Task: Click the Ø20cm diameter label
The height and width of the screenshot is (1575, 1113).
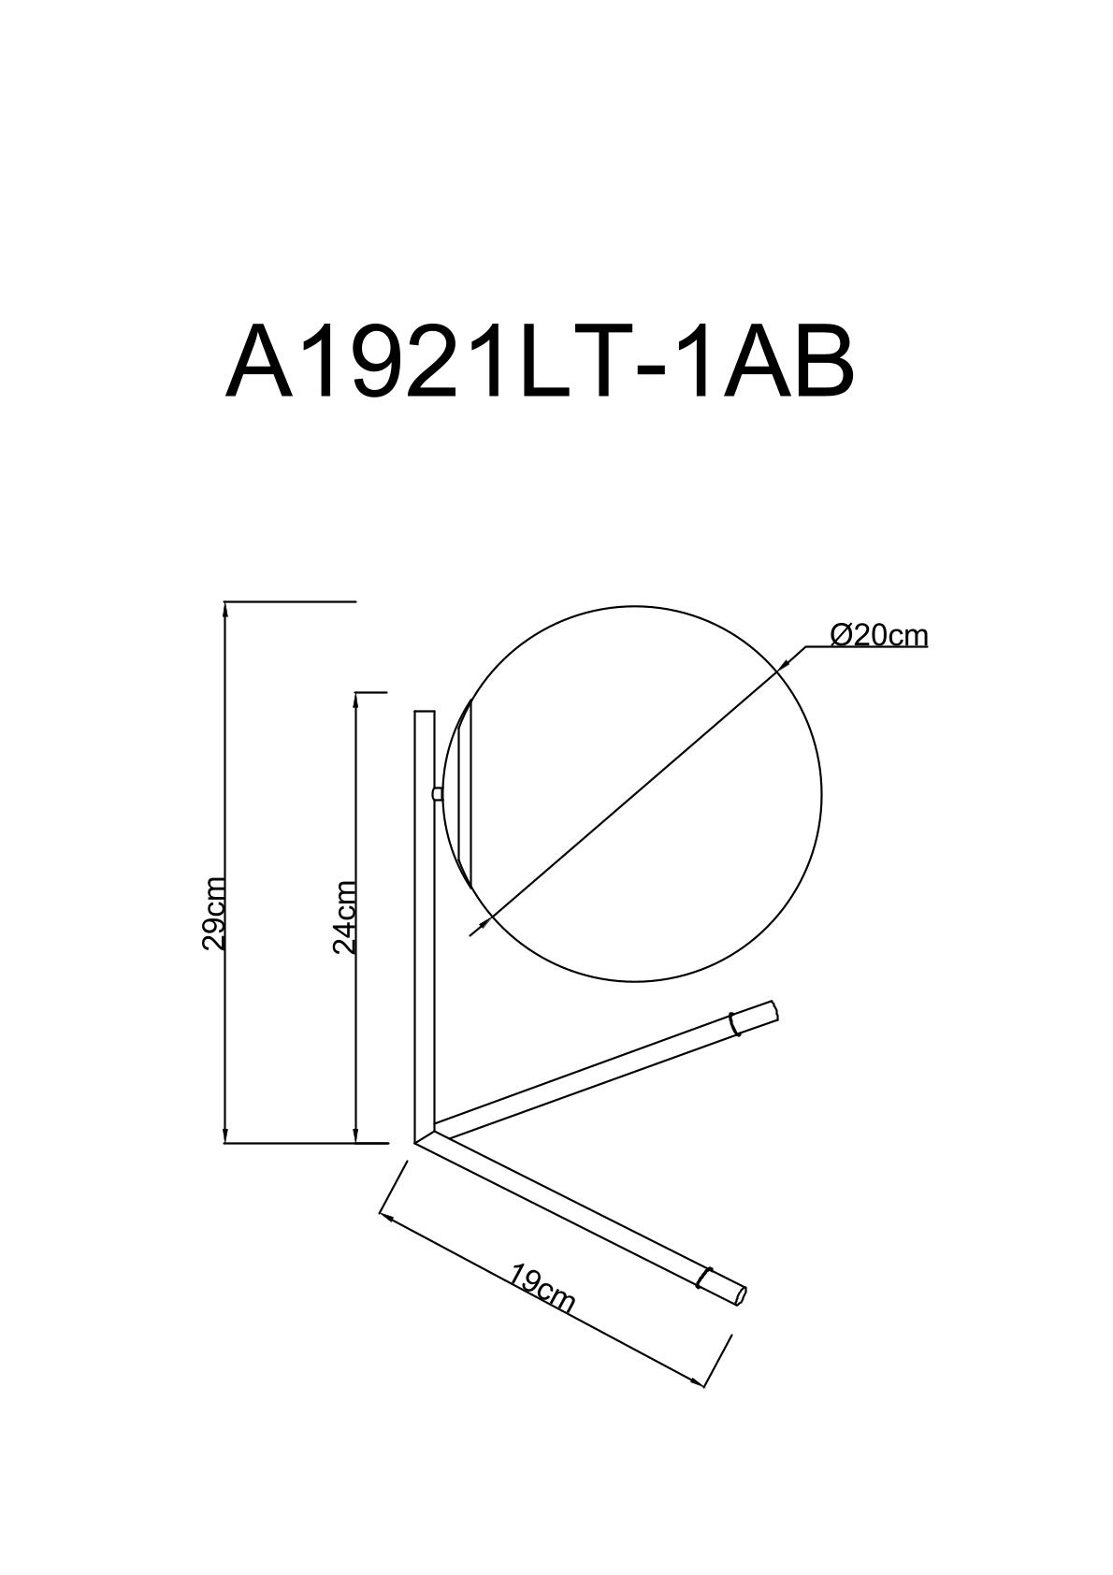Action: coord(879,635)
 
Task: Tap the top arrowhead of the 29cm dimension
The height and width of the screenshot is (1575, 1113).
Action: coord(225,611)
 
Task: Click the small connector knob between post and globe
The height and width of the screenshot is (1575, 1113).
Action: coord(439,794)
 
